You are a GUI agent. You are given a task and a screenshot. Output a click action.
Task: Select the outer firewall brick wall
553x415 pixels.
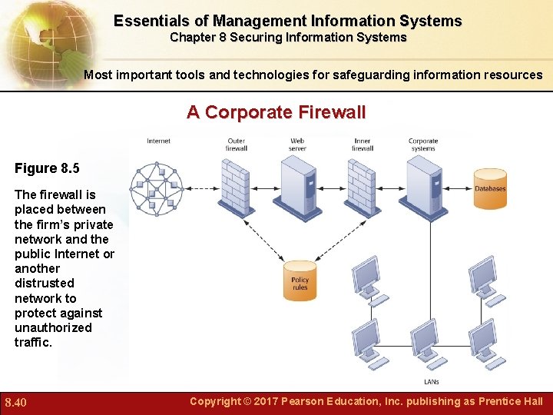coord(234,187)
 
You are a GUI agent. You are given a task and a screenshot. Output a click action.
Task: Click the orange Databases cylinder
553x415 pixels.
coord(489,189)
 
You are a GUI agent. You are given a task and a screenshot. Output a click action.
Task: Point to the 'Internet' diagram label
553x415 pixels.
coord(158,141)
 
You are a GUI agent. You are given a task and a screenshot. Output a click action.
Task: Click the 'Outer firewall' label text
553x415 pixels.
coord(236,144)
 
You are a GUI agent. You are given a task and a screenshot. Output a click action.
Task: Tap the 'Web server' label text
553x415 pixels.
coord(297,144)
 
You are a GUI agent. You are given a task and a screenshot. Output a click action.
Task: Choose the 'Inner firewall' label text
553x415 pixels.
coord(363,144)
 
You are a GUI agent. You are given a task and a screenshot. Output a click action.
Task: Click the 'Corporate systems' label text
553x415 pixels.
coord(423,144)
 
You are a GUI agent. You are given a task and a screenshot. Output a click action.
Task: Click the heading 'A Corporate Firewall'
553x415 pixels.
coord(276,112)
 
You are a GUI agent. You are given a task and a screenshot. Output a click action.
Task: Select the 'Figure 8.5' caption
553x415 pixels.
coord(47,168)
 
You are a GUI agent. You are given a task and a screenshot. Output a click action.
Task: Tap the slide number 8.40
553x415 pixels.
coord(16,402)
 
